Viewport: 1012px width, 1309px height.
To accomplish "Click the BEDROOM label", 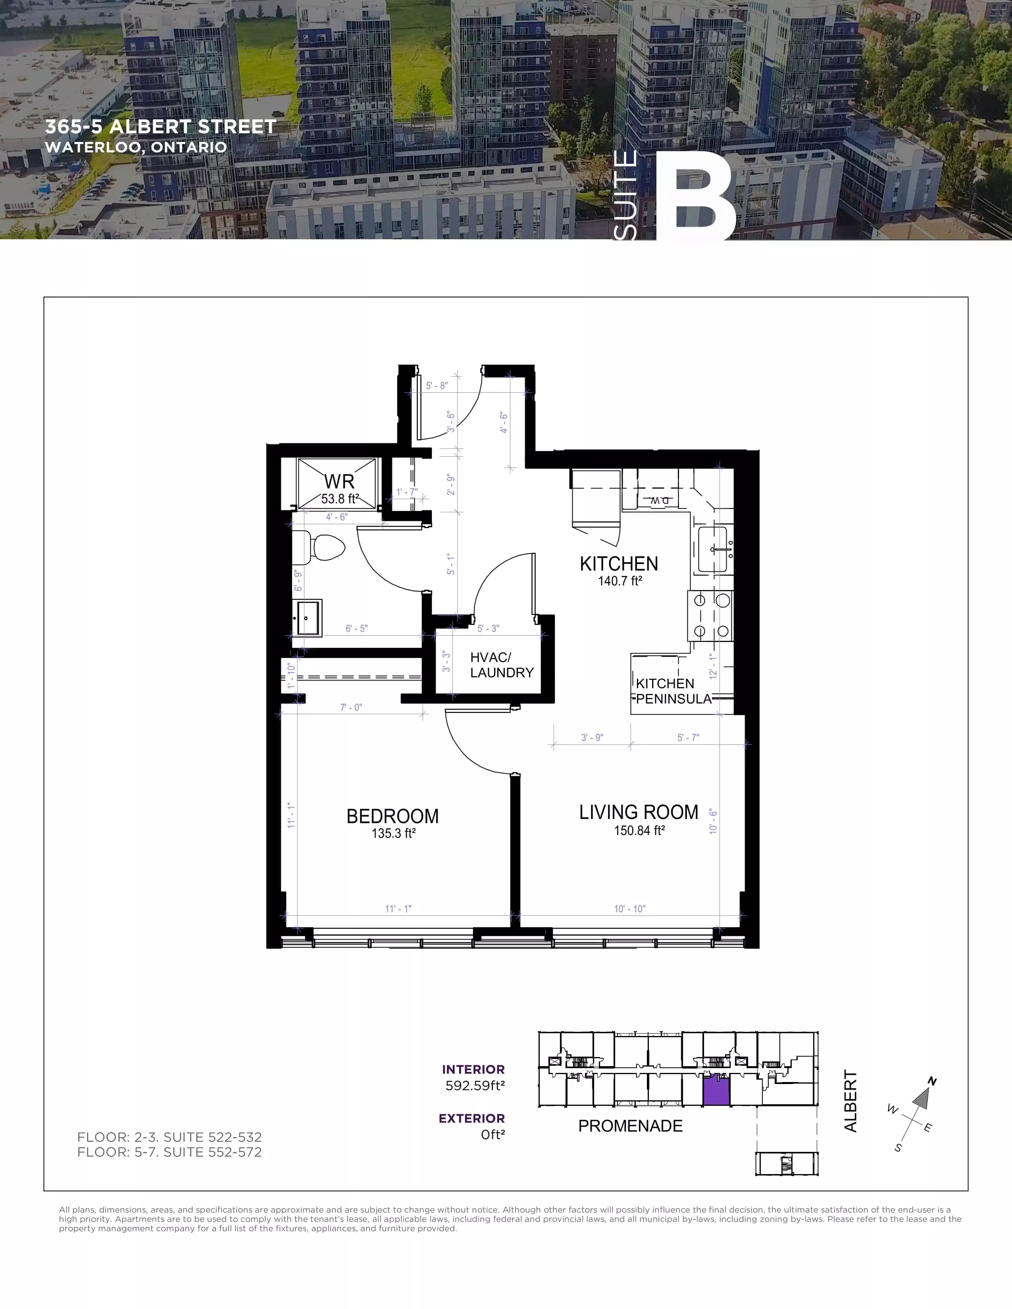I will pyautogui.click(x=392, y=816).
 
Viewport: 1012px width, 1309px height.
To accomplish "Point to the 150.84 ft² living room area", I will pyautogui.click(x=639, y=831).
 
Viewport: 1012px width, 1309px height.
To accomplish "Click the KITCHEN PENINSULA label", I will pyautogui.click(x=673, y=691).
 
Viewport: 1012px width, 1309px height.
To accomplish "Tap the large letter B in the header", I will pyautogui.click(x=698, y=198).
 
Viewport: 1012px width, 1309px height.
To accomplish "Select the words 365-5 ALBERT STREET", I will pyautogui.click(x=161, y=127).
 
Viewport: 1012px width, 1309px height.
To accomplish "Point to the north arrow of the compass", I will pyautogui.click(x=922, y=1096).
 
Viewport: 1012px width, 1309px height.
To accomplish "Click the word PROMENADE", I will pyautogui.click(x=630, y=1126).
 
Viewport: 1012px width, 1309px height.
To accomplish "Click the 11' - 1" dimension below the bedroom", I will pyautogui.click(x=398, y=909).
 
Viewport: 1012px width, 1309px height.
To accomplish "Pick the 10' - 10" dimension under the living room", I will pyautogui.click(x=629, y=909).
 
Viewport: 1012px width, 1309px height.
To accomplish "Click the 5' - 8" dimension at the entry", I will pyautogui.click(x=437, y=386).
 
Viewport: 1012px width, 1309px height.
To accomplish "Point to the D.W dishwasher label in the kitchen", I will pyautogui.click(x=659, y=500).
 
